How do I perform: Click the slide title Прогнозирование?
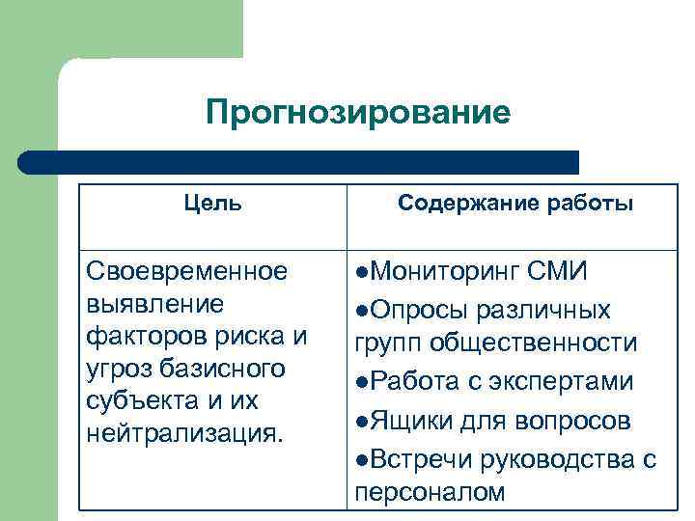coord(357,114)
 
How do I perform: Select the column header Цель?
coord(212,204)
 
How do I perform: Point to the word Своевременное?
coord(186,272)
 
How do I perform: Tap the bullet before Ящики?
coord(361,421)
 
